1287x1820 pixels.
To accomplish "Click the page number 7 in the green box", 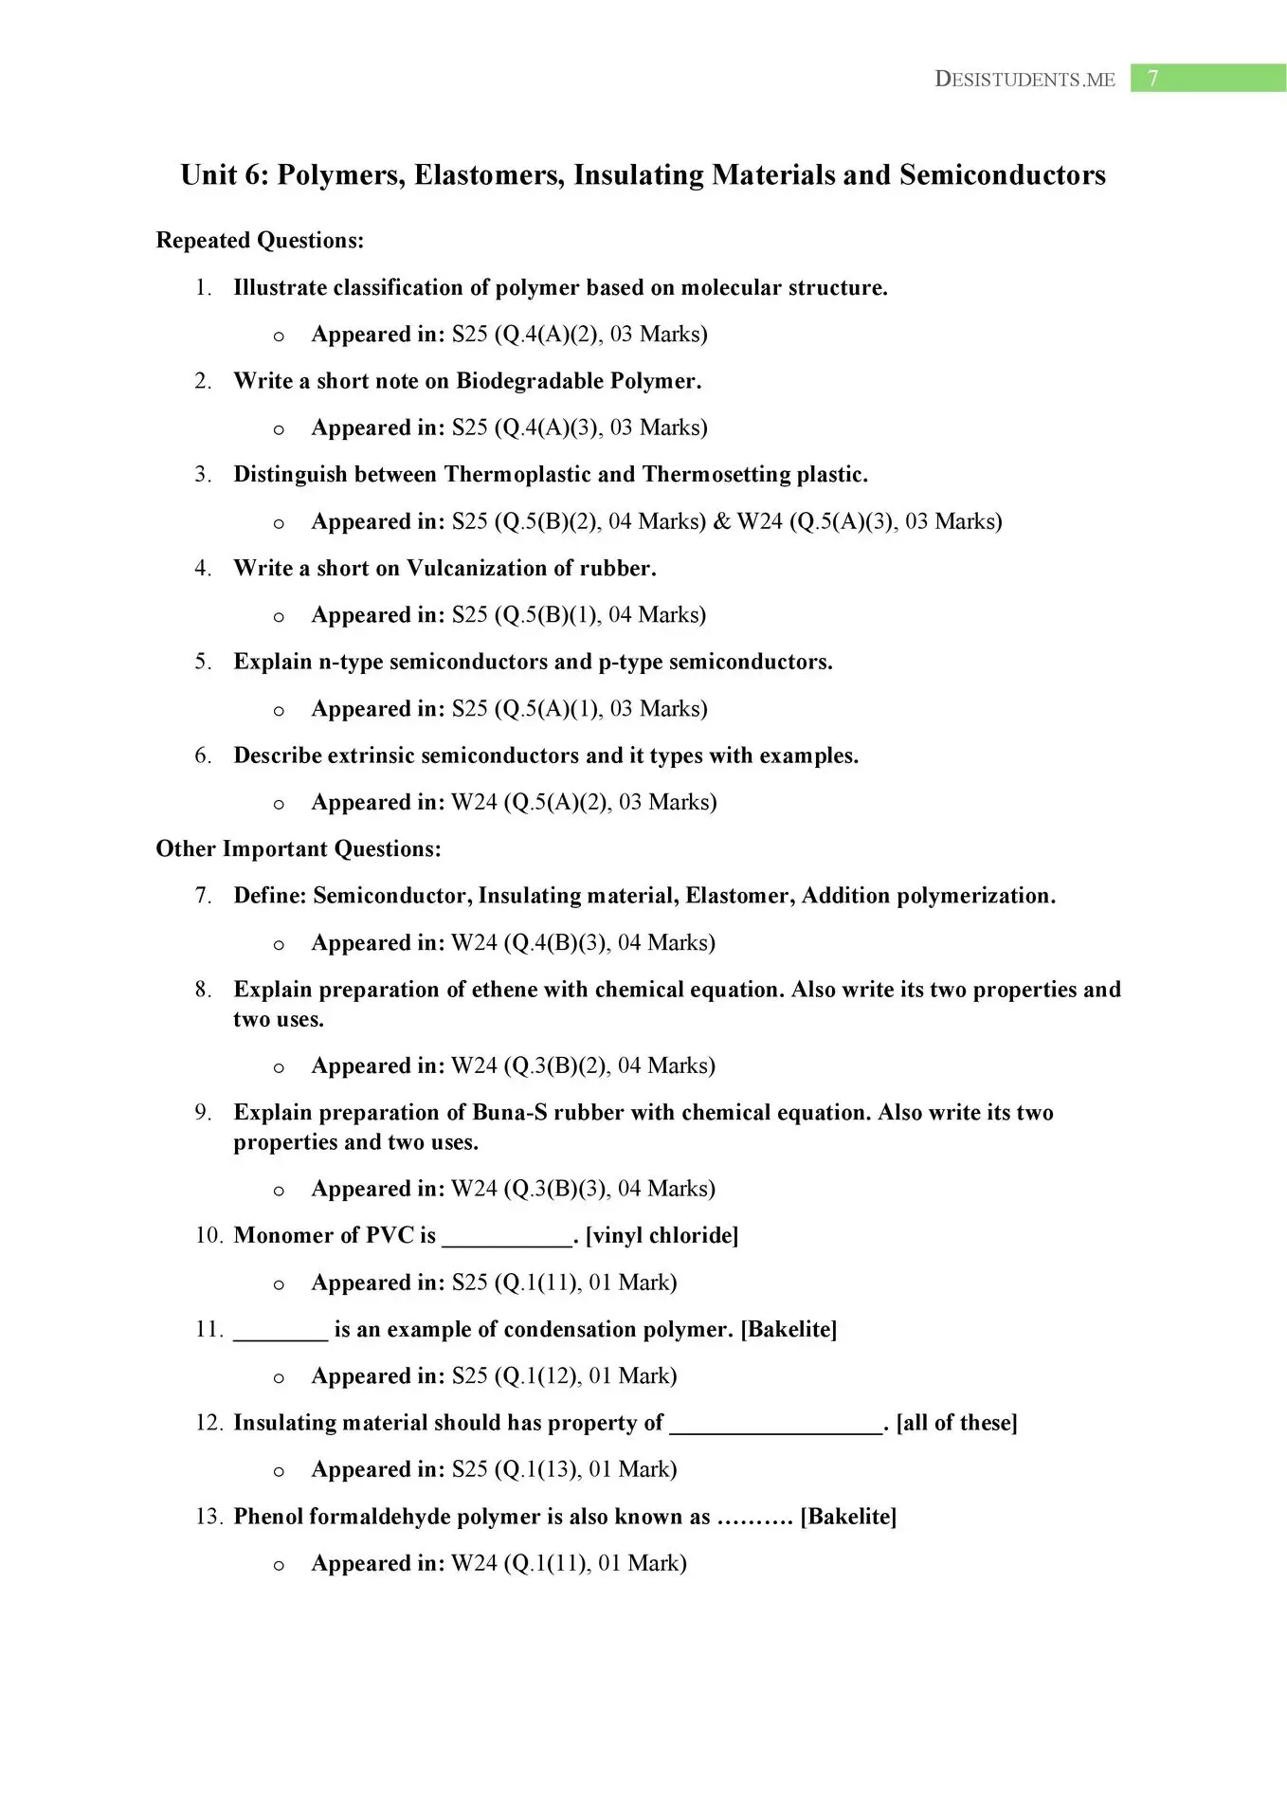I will point(1152,79).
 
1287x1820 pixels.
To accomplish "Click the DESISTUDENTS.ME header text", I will point(1024,80).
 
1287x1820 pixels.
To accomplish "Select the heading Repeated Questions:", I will point(260,241).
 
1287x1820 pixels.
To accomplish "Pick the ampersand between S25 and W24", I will point(722,521).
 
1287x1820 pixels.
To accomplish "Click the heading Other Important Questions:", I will point(299,849).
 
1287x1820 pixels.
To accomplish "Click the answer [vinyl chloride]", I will point(662,1236).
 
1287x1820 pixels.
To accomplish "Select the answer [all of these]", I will point(956,1423).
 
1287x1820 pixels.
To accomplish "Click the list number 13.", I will point(208,1517).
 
